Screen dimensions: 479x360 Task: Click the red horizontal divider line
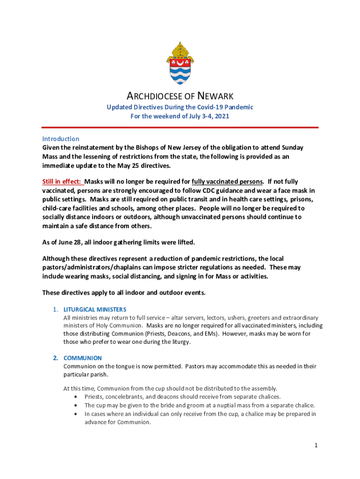[180, 127]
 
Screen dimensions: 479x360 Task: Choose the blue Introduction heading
[61, 139]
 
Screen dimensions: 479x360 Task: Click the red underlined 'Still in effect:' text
[63, 181]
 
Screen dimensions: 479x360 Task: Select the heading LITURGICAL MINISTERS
[95, 310]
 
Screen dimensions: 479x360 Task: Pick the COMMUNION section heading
[82, 358]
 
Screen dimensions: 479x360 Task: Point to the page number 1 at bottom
[316, 445]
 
